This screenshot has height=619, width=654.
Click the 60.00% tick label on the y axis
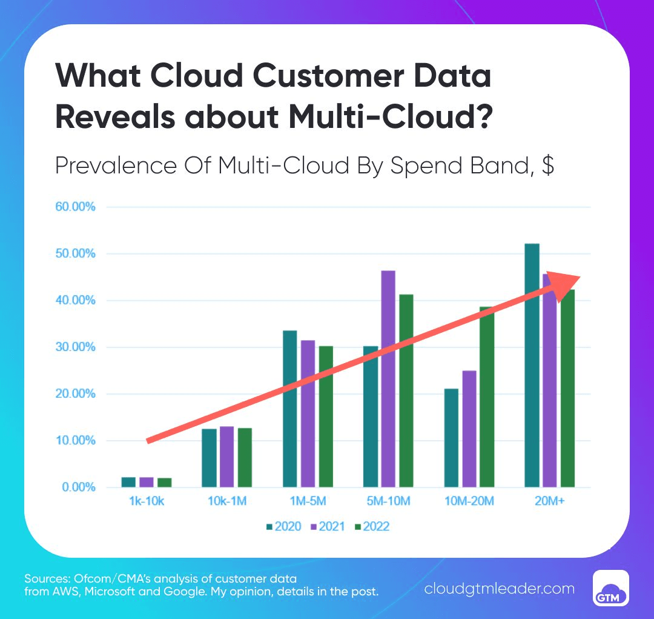(76, 207)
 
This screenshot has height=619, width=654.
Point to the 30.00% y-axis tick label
(76, 347)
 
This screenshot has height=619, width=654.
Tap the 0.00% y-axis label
(78, 487)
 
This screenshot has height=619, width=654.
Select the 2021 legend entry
(329, 526)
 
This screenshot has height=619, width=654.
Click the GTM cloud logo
(610, 588)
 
